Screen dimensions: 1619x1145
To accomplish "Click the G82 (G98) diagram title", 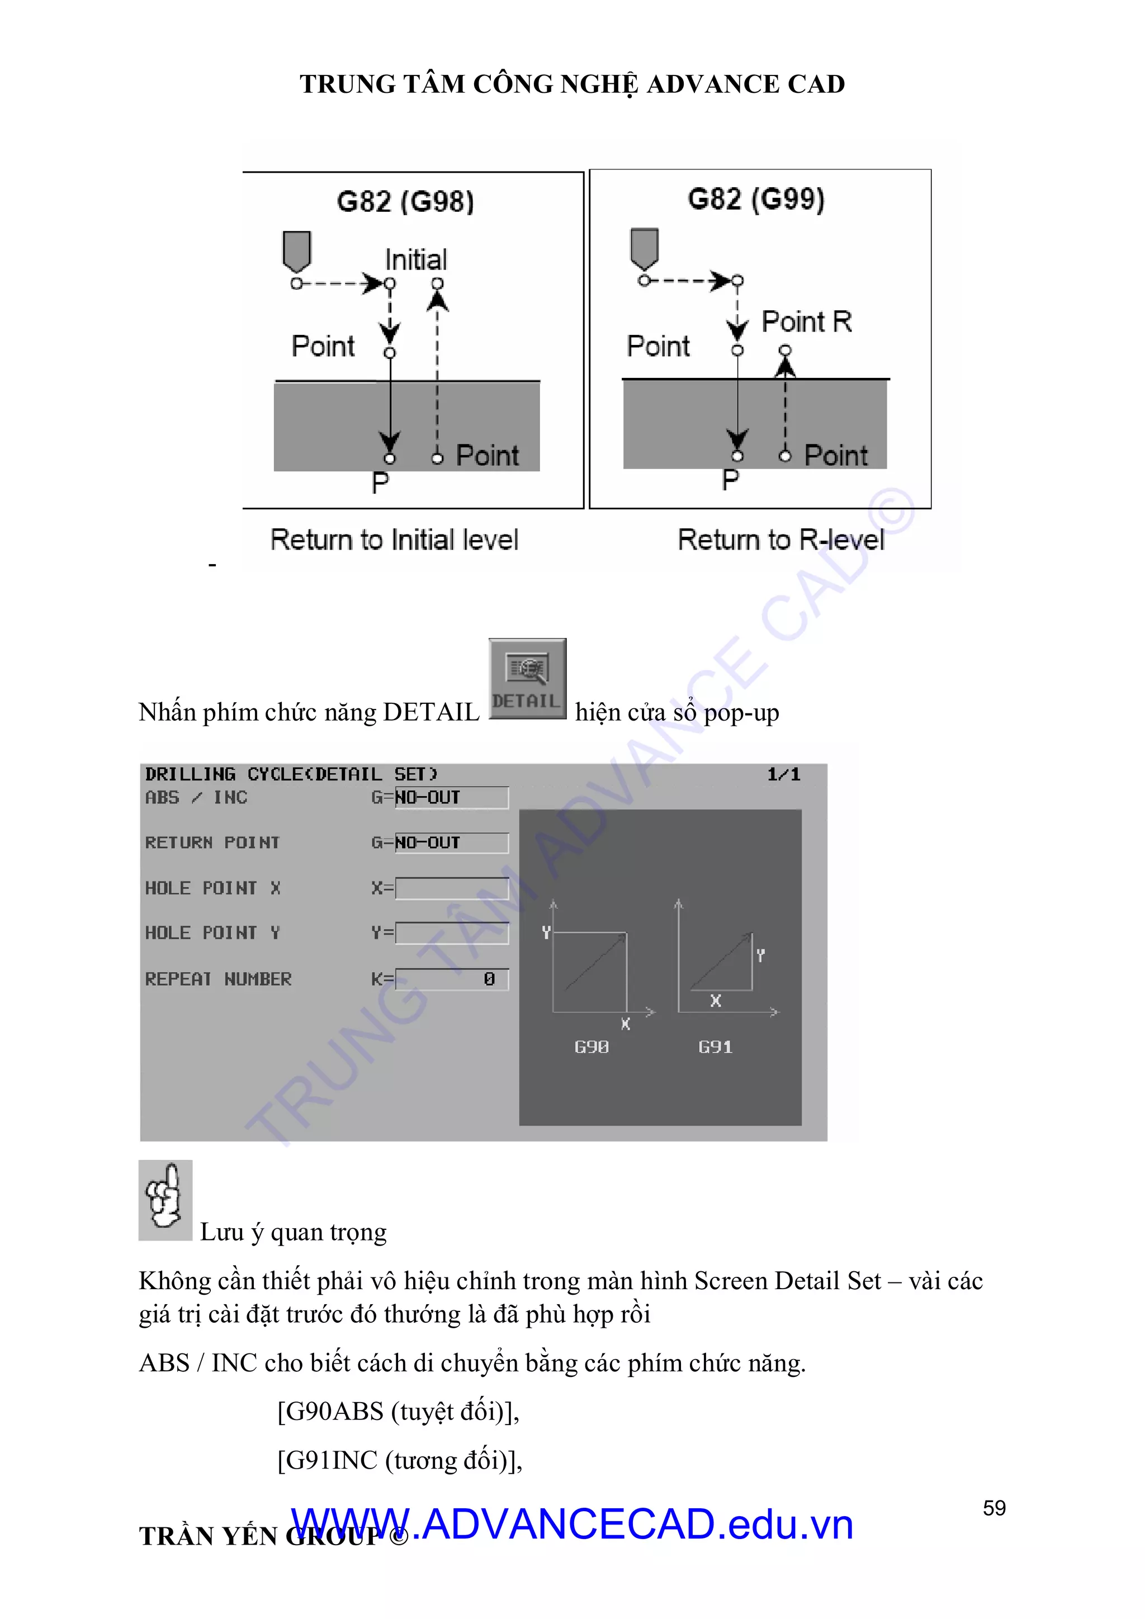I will pos(405,202).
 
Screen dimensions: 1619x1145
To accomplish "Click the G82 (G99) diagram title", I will pos(756,199).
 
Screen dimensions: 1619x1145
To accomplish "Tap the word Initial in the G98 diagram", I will pos(415,259).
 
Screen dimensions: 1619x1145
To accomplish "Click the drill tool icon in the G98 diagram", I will pos(297,250).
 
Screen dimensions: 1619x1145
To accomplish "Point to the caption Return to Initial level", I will pos(394,540).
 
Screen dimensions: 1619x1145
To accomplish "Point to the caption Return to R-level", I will pos(780,540).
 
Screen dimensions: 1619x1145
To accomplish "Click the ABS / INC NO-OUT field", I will pos(451,798).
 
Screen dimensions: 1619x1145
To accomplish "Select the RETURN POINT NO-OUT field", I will pos(451,842).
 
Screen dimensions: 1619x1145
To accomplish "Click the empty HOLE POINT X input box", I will pos(452,888).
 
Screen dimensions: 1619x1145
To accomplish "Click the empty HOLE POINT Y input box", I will pos(452,933).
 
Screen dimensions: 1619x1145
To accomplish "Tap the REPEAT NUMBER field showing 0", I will pos(452,979).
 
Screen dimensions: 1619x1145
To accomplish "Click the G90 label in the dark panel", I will pos(592,1047).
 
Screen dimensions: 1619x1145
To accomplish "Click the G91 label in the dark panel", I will pos(715,1047).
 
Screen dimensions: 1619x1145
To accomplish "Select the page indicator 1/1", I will pos(783,774).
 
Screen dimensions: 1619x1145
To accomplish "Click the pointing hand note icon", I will pos(165,1200).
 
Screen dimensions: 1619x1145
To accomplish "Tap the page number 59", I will pos(994,1508).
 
